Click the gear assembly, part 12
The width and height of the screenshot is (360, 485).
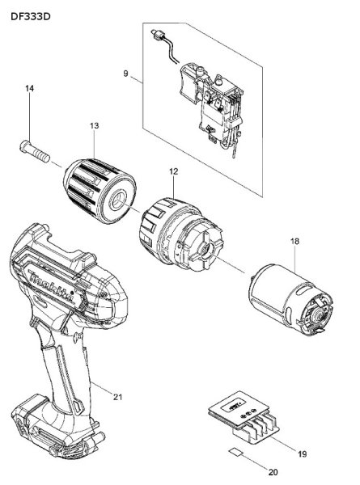[179, 230]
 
